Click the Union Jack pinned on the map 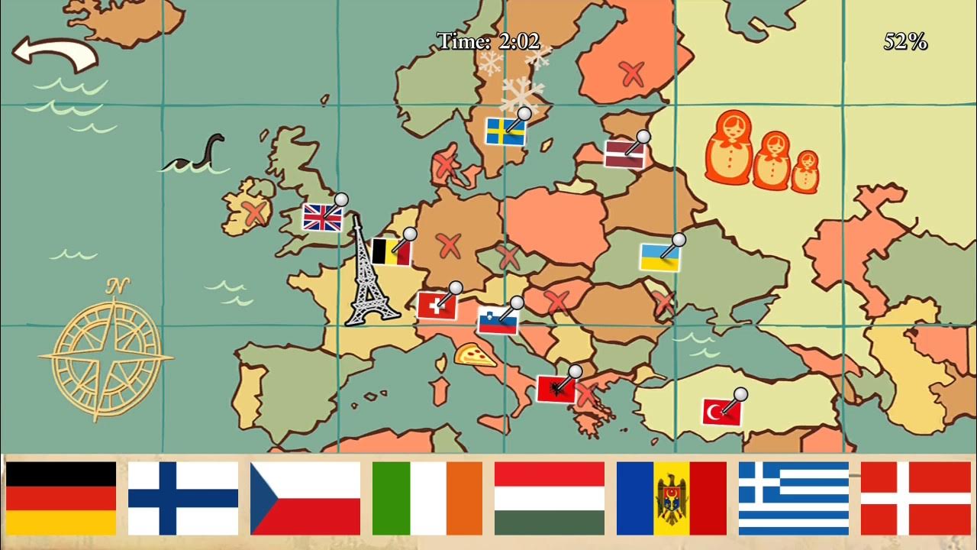coord(322,217)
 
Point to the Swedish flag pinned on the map coord(505,131)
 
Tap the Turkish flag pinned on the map coord(721,412)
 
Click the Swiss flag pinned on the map coord(437,306)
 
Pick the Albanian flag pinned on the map coord(556,389)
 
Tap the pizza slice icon coord(475,354)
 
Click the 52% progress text coord(905,42)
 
